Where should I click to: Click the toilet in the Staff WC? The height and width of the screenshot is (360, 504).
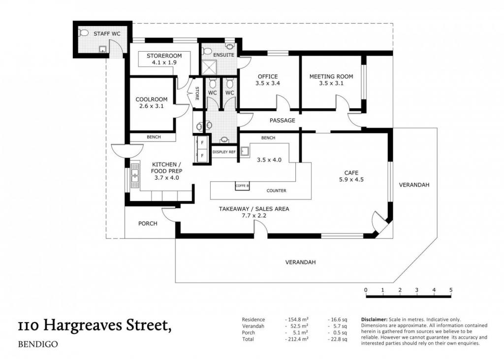(x=84, y=33)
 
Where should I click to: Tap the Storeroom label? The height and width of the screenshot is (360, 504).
(x=164, y=56)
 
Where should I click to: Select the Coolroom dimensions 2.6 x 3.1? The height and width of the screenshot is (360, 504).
(x=152, y=106)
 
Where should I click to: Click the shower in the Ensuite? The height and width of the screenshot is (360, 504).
(x=211, y=67)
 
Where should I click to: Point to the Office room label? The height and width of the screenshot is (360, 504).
(x=268, y=76)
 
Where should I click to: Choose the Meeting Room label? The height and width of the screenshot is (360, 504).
(x=331, y=76)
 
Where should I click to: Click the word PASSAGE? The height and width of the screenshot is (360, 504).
(x=282, y=120)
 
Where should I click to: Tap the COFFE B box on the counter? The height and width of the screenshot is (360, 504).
(x=242, y=186)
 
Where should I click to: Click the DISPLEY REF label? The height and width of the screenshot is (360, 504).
(x=224, y=152)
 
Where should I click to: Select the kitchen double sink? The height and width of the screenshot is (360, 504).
(x=135, y=176)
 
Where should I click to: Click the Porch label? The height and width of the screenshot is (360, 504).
(x=148, y=223)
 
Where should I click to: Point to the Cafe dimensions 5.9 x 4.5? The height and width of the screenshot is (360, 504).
(x=351, y=180)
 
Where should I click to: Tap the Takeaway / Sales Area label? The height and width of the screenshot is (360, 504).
(x=254, y=209)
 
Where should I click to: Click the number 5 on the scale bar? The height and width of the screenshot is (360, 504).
(x=451, y=290)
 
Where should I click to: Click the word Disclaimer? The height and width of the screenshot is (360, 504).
(x=374, y=320)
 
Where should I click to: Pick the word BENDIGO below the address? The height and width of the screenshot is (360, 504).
(x=38, y=344)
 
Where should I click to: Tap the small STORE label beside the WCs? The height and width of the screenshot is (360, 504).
(x=197, y=93)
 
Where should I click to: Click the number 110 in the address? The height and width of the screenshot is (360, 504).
(x=29, y=326)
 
